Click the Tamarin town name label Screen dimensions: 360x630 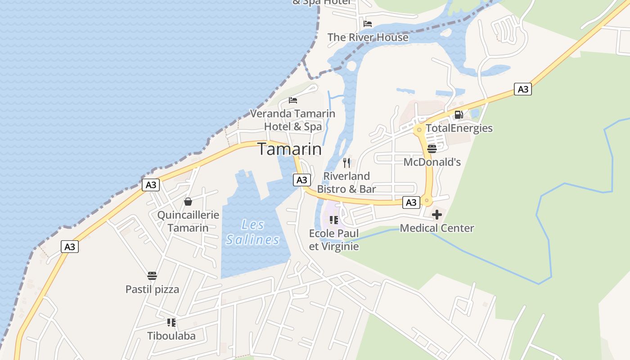(290, 149)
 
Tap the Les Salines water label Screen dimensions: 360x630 (252, 232)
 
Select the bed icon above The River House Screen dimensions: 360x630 (368, 24)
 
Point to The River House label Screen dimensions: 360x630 (368, 37)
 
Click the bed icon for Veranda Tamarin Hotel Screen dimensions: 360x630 (293, 100)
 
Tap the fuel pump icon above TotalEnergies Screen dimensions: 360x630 (459, 115)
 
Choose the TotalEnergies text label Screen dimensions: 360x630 (459, 128)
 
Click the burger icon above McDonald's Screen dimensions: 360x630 (432, 148)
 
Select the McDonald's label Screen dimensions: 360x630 (432, 162)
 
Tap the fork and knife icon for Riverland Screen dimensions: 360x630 (346, 162)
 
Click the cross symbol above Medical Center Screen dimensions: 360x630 (436, 215)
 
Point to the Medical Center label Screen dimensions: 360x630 (436, 228)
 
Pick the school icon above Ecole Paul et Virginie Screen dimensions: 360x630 (334, 220)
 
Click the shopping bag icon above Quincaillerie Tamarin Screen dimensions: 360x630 (188, 202)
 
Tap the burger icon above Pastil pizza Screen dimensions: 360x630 (152, 275)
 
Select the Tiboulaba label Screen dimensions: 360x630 (171, 336)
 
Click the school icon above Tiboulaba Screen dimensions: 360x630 (171, 322)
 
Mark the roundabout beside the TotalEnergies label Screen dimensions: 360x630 (419, 130)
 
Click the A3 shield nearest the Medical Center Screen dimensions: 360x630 (411, 202)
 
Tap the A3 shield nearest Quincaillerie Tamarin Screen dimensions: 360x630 (151, 184)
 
